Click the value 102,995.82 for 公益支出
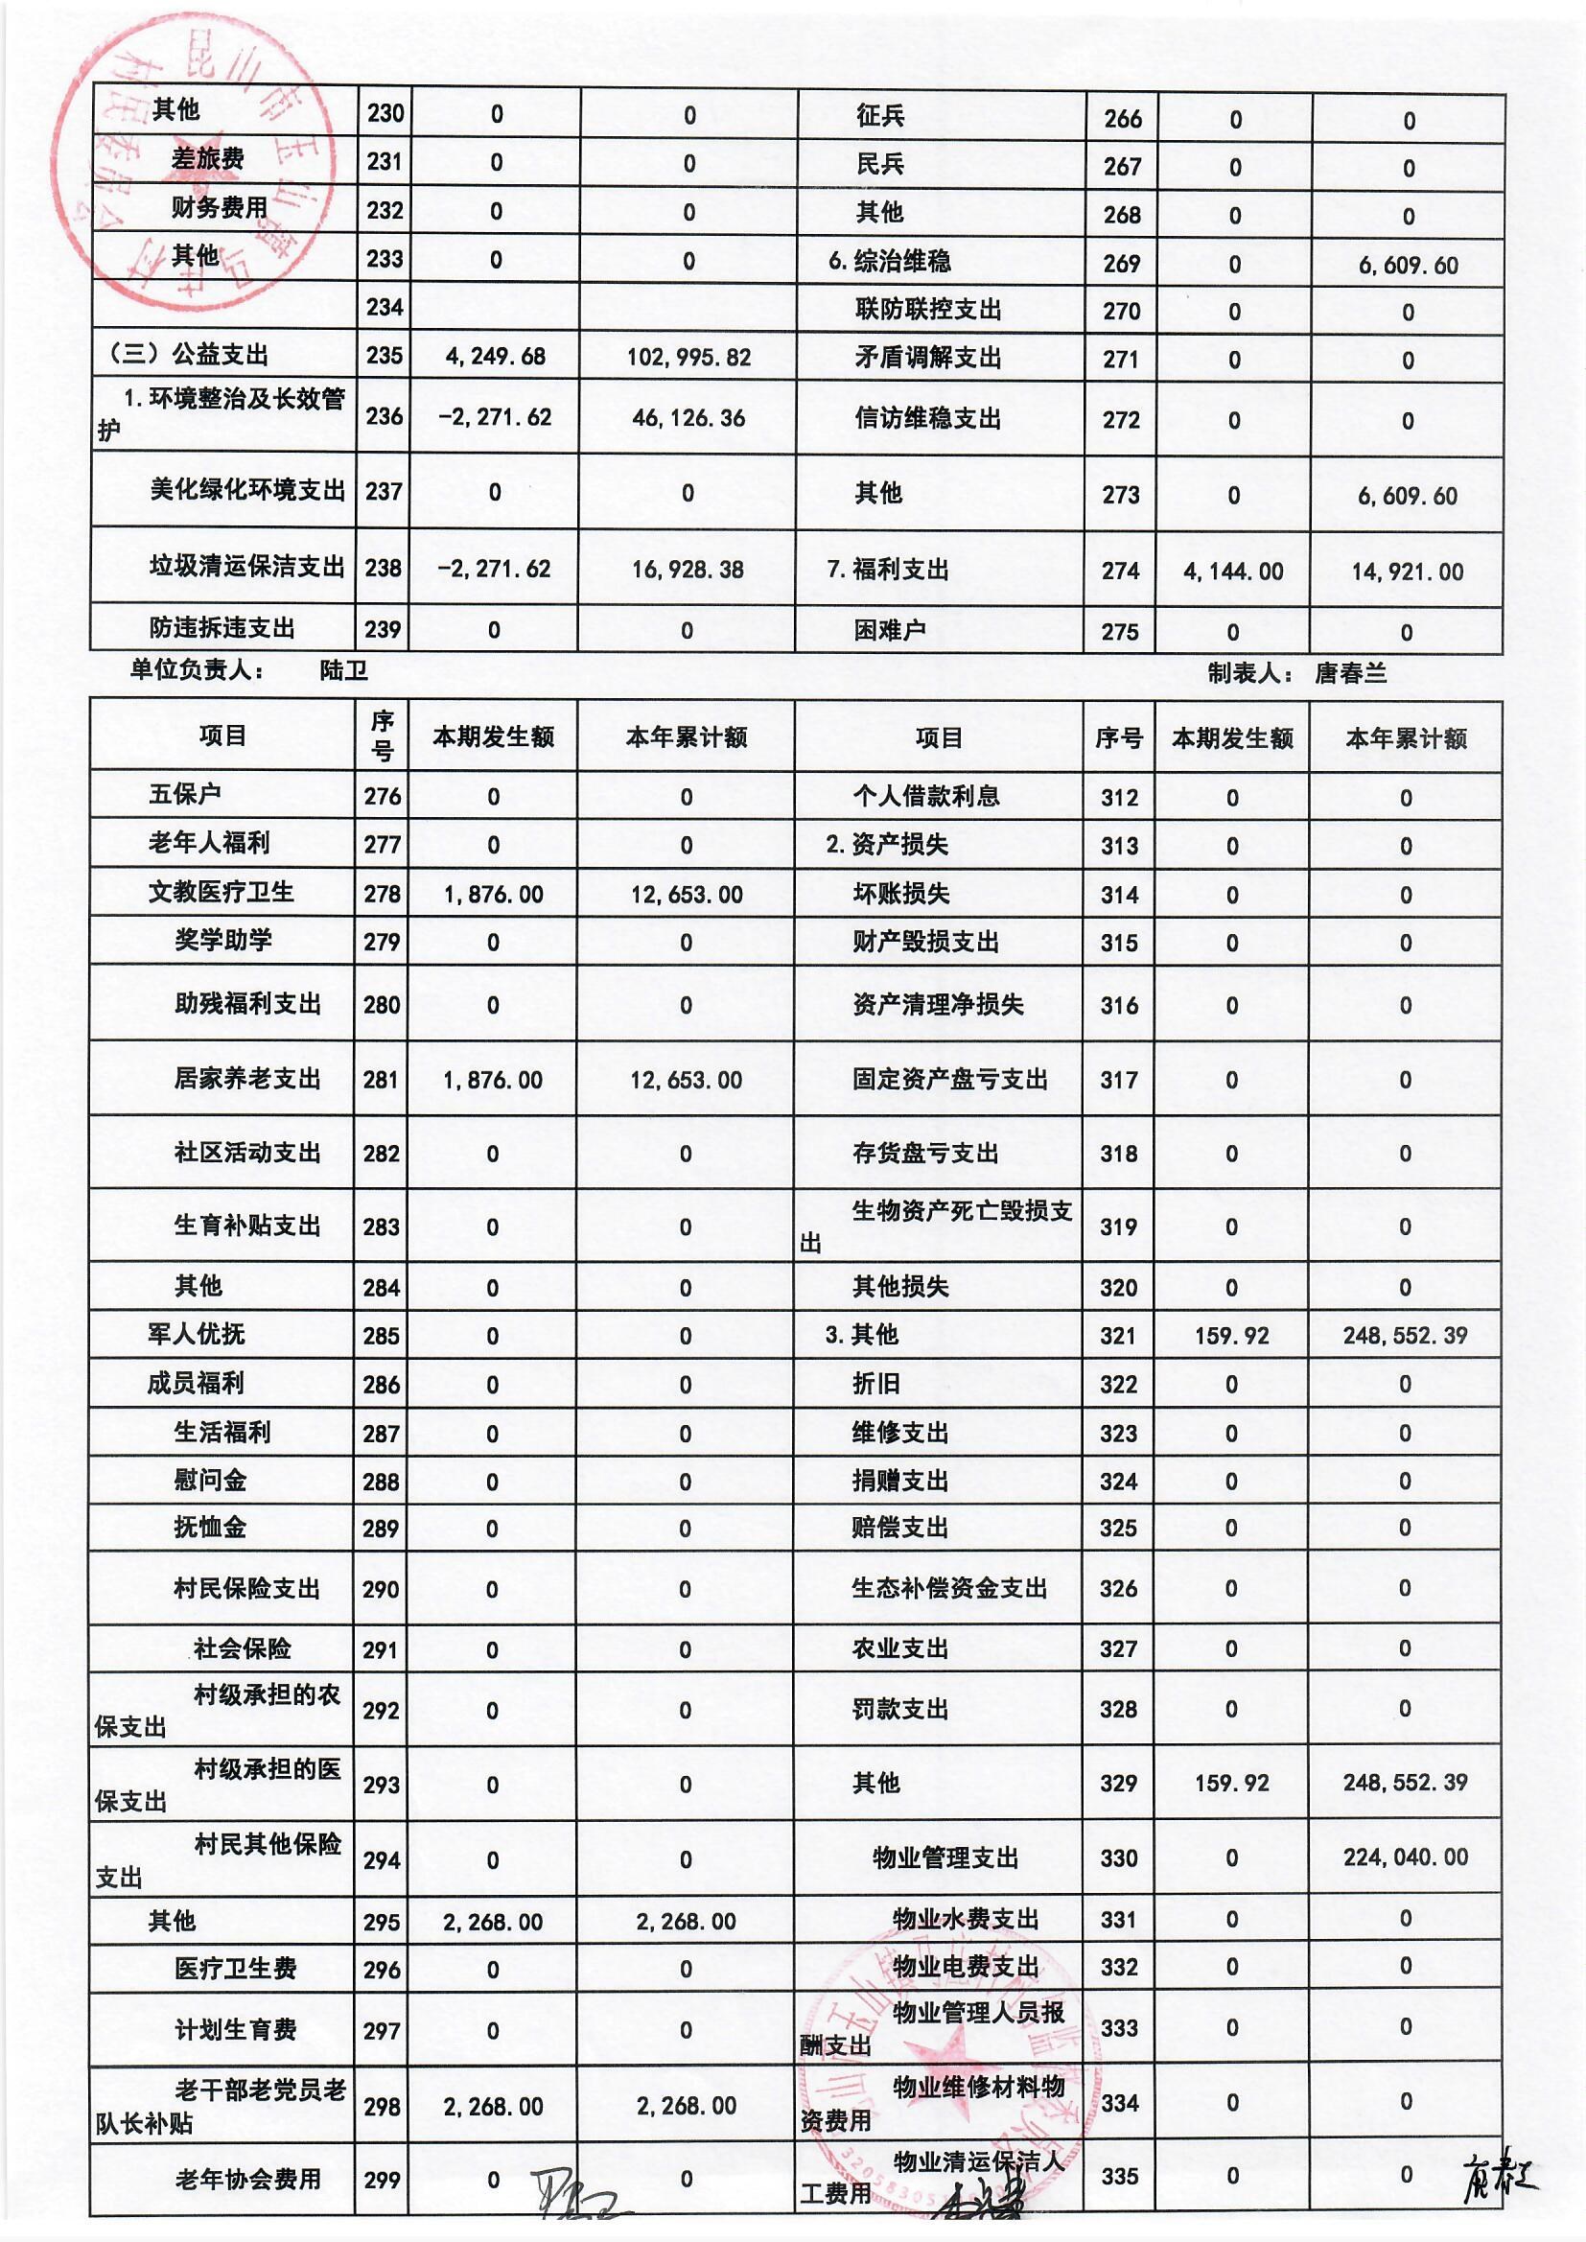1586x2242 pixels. click(x=688, y=358)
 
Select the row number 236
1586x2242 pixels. click(x=384, y=417)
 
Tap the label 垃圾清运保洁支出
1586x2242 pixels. click(x=246, y=568)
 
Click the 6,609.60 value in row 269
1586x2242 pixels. click(x=1408, y=266)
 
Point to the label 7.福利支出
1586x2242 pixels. click(x=888, y=570)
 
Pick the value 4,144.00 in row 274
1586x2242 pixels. click(x=1232, y=572)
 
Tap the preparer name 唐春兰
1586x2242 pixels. click(x=1351, y=673)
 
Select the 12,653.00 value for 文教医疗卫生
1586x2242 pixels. click(x=687, y=895)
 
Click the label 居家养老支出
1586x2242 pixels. click(x=247, y=1079)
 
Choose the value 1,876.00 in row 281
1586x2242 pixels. click(x=493, y=1080)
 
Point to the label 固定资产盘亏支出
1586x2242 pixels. click(x=949, y=1079)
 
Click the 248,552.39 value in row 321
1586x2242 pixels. click(x=1405, y=1336)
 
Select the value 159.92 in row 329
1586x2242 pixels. click(x=1231, y=1783)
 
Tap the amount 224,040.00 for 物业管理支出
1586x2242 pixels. click(x=1405, y=1857)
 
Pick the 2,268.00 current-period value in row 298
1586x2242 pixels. click(x=493, y=2106)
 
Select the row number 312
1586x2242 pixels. click(x=1119, y=798)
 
